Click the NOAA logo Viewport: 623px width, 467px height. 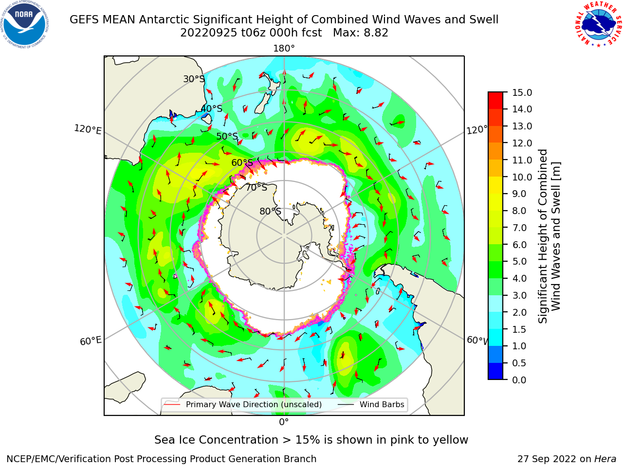coord(24,24)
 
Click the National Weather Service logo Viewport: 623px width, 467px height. coord(599,24)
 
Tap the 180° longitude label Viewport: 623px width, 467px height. coord(284,49)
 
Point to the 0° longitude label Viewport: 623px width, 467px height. coord(284,422)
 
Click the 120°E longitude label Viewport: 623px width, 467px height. coord(88,129)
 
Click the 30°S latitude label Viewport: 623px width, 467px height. coord(194,79)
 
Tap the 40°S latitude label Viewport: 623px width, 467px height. coord(212,108)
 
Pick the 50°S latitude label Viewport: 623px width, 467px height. coord(227,136)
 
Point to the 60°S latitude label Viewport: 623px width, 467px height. coord(242,162)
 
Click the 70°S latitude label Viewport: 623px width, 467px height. coord(257,187)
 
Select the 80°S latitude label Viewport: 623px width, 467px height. coord(270,211)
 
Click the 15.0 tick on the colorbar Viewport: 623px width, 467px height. coord(522,92)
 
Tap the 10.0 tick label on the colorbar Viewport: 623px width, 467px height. coord(522,177)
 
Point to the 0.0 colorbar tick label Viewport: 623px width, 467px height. coord(519,380)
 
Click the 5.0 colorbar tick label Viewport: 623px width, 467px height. coord(519,261)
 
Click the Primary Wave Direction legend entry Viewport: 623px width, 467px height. coord(243,404)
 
